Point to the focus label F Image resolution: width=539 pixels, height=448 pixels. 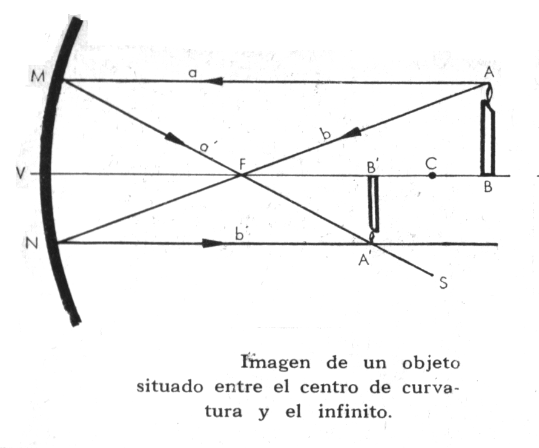242,163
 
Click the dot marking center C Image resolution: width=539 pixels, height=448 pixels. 432,176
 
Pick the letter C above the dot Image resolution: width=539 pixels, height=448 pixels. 431,162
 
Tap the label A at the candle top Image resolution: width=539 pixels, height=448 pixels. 487,72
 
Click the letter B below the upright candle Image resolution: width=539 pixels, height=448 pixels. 488,188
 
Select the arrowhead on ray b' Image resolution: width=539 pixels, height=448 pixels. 213,243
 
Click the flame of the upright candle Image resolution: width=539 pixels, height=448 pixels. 488,92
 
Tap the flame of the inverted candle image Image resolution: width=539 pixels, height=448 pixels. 372,237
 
